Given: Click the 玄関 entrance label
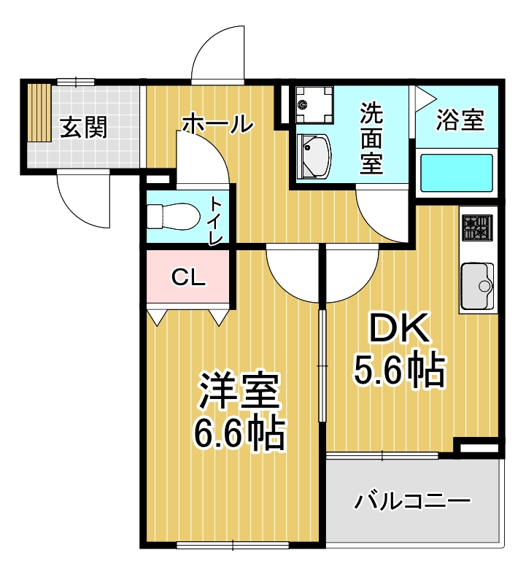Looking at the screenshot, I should pyautogui.click(x=83, y=128).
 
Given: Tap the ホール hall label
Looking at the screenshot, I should pyautogui.click(x=217, y=123).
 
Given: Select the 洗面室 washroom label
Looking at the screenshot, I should pyautogui.click(x=371, y=138).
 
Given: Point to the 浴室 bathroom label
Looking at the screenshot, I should pyautogui.click(x=460, y=120).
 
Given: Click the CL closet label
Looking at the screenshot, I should pyautogui.click(x=189, y=277).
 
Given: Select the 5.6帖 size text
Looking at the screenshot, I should pyautogui.click(x=399, y=371).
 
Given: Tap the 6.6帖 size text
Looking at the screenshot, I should pyautogui.click(x=239, y=434).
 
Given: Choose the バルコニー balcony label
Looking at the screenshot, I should pyautogui.click(x=413, y=502).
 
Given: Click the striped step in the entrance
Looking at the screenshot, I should pyautogui.click(x=39, y=113).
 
